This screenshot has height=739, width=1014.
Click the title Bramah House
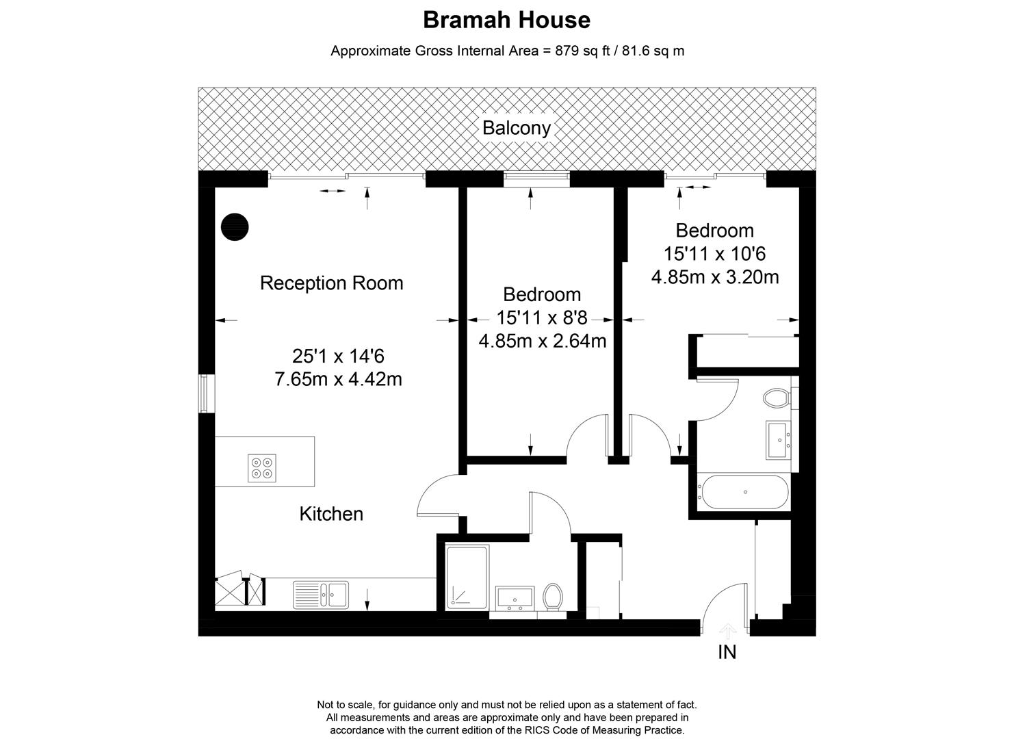click(506, 20)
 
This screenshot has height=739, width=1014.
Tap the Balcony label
click(517, 128)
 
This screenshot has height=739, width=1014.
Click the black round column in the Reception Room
click(235, 226)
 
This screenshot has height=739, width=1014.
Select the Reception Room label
click(331, 283)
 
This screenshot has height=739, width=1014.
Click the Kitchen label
click(331, 514)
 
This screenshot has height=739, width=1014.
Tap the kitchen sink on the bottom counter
click(321, 594)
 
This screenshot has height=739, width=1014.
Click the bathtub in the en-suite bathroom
click(743, 492)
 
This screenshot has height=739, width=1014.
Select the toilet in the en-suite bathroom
click(777, 398)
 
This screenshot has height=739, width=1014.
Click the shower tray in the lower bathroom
click(468, 576)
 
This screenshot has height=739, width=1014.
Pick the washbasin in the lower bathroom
click(516, 597)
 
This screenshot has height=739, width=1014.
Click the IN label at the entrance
click(727, 652)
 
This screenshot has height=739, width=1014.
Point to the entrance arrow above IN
click(727, 630)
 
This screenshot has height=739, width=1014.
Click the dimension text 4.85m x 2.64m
click(543, 341)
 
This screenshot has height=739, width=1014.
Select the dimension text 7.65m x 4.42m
click(338, 378)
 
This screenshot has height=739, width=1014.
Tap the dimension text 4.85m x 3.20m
click(715, 277)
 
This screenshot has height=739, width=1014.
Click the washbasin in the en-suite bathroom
click(779, 439)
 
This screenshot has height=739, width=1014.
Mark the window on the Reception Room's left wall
click(204, 393)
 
